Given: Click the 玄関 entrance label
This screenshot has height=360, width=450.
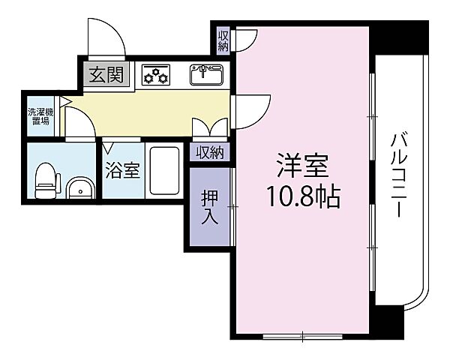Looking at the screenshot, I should point(107,75).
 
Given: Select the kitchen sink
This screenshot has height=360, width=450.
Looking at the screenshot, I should point(206,74).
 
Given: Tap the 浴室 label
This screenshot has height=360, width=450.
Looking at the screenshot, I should point(121,171).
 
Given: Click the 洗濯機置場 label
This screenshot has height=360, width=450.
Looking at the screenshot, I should point(39,116).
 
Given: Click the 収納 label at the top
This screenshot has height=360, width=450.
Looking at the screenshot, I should point(223,40).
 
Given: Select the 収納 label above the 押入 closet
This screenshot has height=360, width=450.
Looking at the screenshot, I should point(211,152).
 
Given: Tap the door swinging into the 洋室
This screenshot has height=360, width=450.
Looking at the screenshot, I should point(250,112).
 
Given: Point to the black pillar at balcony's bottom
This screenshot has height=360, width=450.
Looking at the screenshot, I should point(391,322).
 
